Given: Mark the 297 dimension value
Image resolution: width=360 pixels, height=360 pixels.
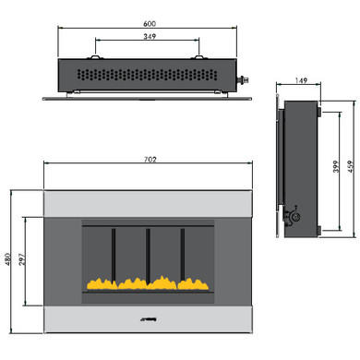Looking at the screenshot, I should pos(25,260).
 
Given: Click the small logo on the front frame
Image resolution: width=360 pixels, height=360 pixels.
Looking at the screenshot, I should pos(148,320).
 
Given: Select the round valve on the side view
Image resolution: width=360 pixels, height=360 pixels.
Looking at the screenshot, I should pos(297,217).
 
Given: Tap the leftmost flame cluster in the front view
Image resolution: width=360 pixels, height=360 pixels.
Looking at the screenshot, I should pos(99,281).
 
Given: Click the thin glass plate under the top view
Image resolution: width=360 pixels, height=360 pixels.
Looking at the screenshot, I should pos(148,94).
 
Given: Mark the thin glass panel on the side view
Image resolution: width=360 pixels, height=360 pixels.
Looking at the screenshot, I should pos(274,166).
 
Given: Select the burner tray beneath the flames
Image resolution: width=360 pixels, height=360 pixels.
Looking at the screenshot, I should pos(148,292).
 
